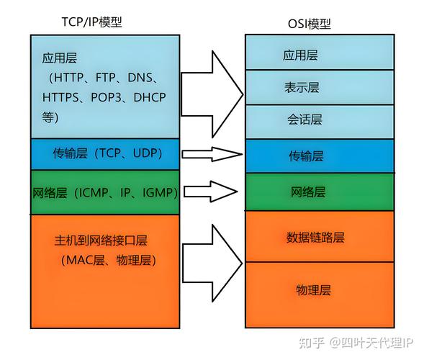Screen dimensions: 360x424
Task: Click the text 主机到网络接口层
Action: pyautogui.click(x=106, y=239)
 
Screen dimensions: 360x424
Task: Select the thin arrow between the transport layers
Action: pyautogui.click(x=211, y=153)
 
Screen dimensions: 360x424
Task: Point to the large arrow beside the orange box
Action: pyautogui.click(x=213, y=258)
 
